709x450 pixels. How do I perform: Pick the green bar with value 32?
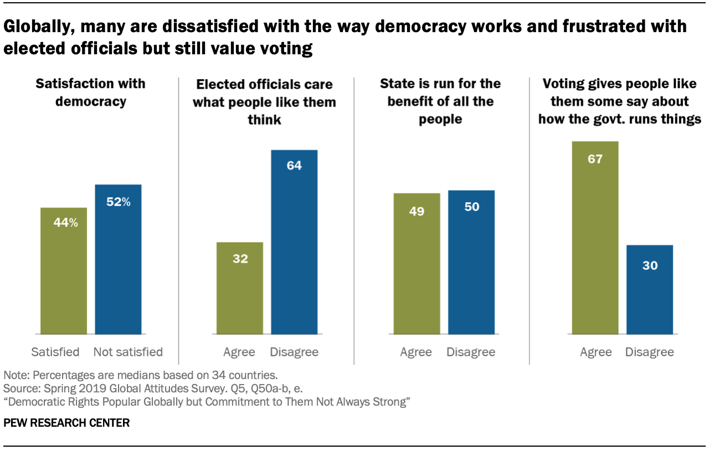click(239, 288)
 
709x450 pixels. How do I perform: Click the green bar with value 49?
click(417, 263)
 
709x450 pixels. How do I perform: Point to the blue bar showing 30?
click(650, 289)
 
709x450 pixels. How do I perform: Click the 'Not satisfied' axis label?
click(128, 352)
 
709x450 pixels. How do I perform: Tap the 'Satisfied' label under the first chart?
click(55, 352)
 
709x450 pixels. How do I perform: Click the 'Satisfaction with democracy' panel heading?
click(90, 93)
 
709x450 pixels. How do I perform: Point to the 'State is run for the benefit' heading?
click(440, 102)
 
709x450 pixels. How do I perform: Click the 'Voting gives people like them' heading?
click(619, 102)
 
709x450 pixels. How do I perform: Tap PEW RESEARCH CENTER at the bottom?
click(66, 423)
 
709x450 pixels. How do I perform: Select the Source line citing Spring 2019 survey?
click(153, 388)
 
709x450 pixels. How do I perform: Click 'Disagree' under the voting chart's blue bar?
click(650, 352)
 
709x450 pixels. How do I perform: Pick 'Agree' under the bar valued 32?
click(239, 352)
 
